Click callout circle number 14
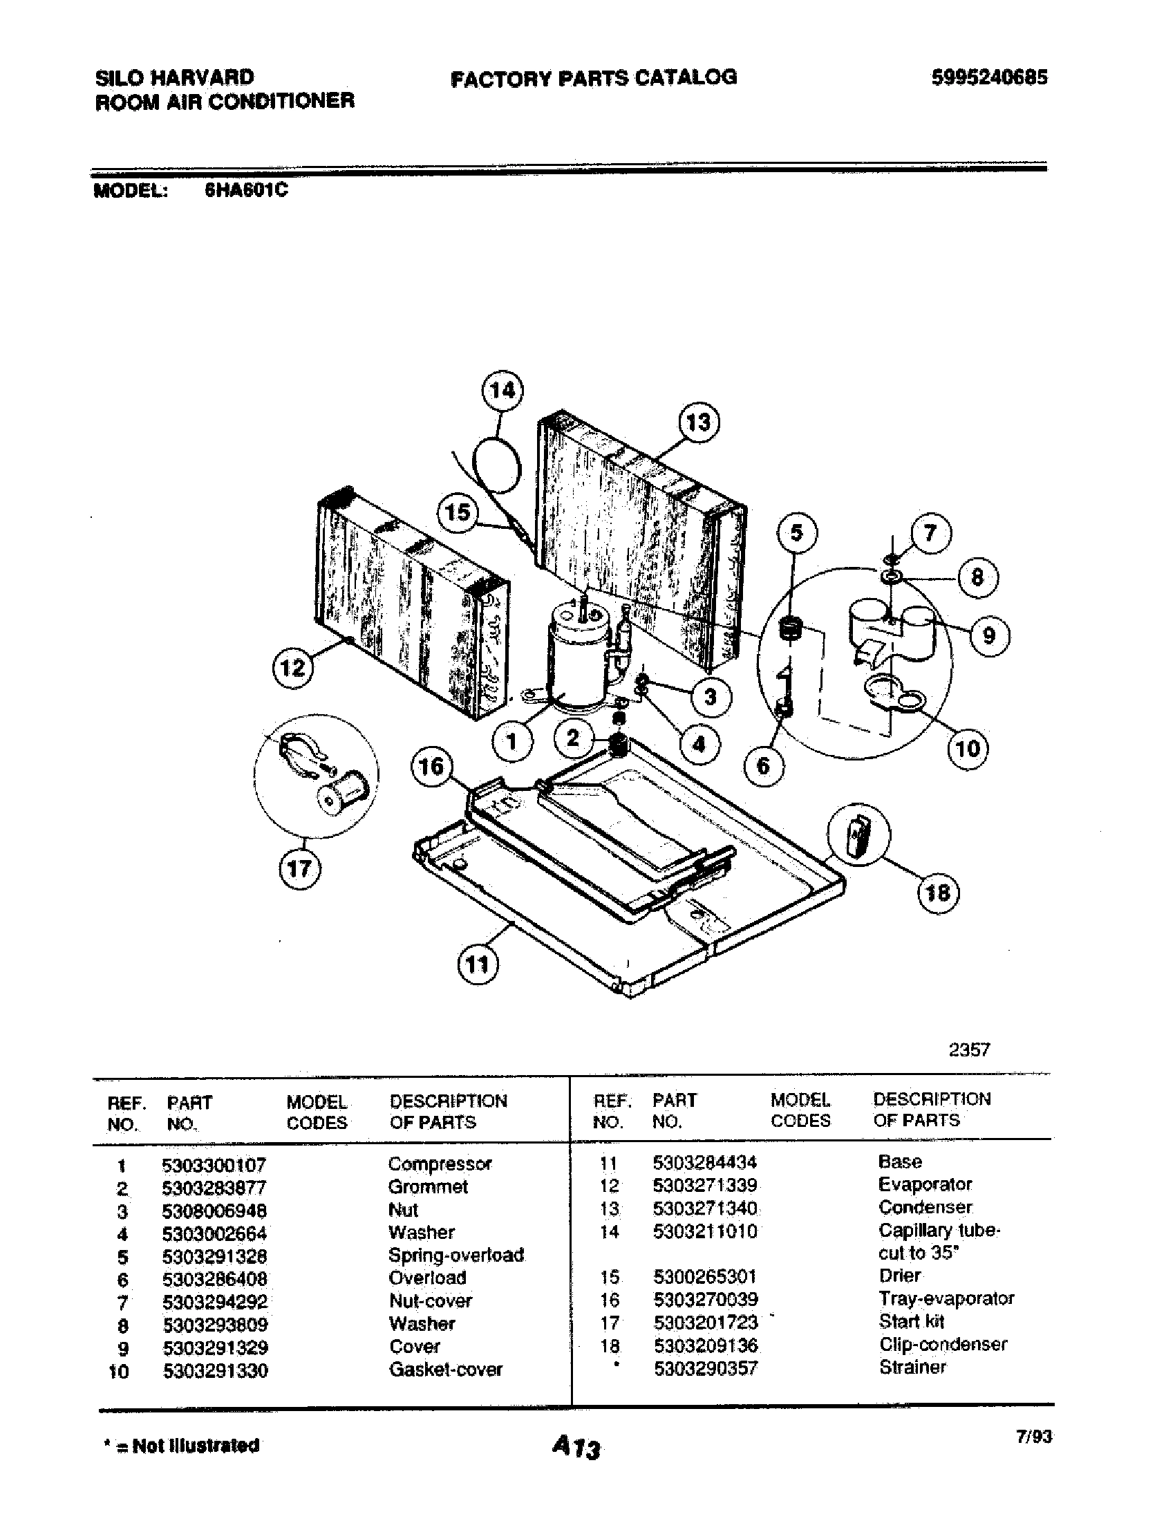pos(502,391)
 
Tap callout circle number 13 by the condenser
pos(698,422)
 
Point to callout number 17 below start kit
pos(299,869)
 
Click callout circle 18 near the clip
pos(938,893)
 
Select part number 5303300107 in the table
pos(214,1164)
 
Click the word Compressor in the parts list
pos(440,1164)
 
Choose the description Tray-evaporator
pos(946,1298)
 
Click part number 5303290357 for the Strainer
pos(705,1368)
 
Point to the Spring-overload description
pos(456,1255)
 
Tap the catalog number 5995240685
pos(988,77)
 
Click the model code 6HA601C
pos(246,190)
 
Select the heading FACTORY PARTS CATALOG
pos(594,77)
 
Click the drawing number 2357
pos(969,1050)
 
